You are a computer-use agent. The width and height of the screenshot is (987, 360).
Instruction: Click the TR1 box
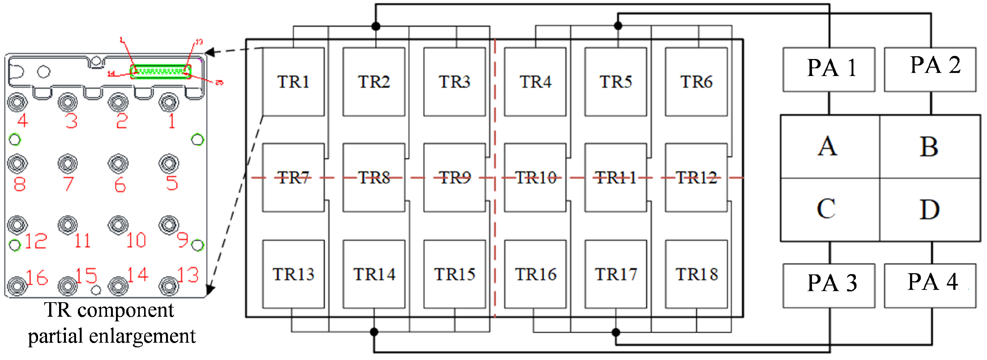pyautogui.click(x=293, y=82)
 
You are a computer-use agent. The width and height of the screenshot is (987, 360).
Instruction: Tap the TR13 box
pyautogui.click(x=293, y=274)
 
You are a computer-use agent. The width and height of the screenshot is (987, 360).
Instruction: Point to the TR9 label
pyautogui.click(x=455, y=177)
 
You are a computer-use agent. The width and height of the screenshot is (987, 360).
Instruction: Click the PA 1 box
pyautogui.click(x=829, y=69)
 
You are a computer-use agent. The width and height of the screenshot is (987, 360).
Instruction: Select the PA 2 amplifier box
pyautogui.click(x=930, y=69)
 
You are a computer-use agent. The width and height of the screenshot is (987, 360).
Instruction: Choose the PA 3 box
pyautogui.click(x=829, y=285)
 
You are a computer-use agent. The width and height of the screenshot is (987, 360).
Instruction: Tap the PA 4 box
pyautogui.click(x=930, y=285)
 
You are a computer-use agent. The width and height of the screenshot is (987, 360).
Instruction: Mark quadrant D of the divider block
pyautogui.click(x=930, y=210)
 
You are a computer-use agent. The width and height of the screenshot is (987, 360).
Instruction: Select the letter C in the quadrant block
pyautogui.click(x=826, y=209)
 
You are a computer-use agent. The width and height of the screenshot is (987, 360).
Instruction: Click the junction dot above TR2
pyautogui.click(x=376, y=26)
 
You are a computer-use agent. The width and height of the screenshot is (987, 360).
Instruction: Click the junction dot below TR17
pyautogui.click(x=616, y=332)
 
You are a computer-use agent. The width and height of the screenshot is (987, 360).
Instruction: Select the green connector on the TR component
pyautogui.click(x=160, y=72)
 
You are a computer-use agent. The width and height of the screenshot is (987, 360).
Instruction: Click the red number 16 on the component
pyautogui.click(x=37, y=277)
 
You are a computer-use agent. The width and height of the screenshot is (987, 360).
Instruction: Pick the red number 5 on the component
pyautogui.click(x=172, y=183)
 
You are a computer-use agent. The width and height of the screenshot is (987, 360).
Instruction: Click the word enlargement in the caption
pyautogui.click(x=142, y=336)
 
